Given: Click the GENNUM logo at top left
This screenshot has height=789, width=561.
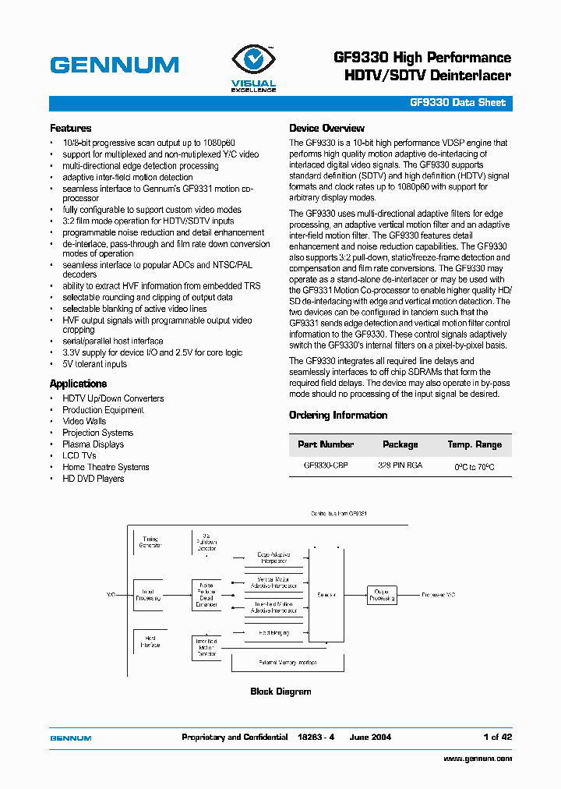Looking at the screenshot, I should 114,65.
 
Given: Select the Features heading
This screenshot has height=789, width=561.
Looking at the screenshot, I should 70,129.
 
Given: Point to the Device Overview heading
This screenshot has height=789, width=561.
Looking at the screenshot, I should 326,129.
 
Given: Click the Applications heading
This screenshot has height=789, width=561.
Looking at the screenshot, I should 78,384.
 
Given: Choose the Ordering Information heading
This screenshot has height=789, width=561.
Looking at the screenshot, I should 337,416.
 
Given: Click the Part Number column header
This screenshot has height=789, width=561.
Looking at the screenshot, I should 326,444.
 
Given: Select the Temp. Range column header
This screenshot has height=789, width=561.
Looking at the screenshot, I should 474,444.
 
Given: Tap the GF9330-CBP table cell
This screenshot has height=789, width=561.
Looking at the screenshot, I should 326,465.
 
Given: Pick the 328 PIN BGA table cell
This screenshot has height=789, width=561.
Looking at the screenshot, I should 400,465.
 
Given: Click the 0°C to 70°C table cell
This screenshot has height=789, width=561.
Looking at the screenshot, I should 474,467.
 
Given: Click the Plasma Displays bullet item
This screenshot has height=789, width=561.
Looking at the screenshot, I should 93,444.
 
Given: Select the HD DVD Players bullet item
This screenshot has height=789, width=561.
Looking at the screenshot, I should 93,479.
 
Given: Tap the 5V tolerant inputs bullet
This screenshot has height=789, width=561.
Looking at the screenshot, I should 94,364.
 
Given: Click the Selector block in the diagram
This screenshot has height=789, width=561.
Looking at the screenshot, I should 326,595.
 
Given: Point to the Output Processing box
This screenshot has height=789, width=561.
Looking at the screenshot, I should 381,595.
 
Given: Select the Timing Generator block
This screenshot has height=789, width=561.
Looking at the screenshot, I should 150,542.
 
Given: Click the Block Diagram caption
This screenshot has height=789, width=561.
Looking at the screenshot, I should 280,692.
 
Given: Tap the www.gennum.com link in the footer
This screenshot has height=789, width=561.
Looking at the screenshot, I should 478,759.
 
